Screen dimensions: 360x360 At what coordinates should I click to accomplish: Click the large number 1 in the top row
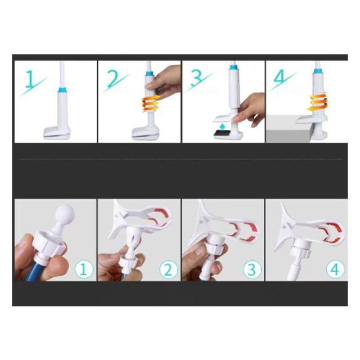(x=30, y=79)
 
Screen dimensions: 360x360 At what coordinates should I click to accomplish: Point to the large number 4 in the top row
(x=281, y=77)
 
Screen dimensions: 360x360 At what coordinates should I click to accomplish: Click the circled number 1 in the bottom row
(x=84, y=269)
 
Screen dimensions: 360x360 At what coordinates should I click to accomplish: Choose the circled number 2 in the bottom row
(x=169, y=269)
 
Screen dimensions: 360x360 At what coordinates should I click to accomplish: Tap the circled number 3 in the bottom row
(x=252, y=269)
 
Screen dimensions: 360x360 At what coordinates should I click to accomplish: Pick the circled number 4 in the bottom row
(x=335, y=269)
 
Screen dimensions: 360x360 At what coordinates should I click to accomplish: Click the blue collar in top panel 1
(x=62, y=89)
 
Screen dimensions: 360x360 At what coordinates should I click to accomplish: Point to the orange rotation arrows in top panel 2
(x=151, y=103)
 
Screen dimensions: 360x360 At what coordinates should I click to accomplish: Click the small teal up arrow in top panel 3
(x=222, y=127)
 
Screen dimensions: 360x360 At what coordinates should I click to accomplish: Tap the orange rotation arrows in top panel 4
(x=318, y=102)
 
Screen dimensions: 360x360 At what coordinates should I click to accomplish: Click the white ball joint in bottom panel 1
(x=66, y=213)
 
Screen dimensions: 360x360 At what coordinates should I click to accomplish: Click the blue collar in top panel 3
(x=234, y=67)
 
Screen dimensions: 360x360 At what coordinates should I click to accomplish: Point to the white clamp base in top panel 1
(x=57, y=133)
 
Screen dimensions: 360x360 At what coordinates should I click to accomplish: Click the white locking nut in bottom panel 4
(x=300, y=251)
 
